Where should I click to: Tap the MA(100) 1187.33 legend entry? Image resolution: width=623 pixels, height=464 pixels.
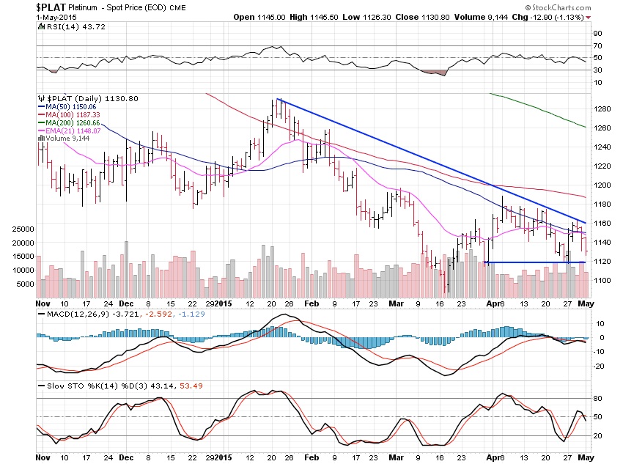71,114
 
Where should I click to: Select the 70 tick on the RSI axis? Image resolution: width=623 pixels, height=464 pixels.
597,45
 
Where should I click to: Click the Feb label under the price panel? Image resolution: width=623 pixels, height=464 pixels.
312,302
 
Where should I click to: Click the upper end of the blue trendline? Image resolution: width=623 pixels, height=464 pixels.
279,99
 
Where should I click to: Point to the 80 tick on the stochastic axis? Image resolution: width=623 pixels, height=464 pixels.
597,398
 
